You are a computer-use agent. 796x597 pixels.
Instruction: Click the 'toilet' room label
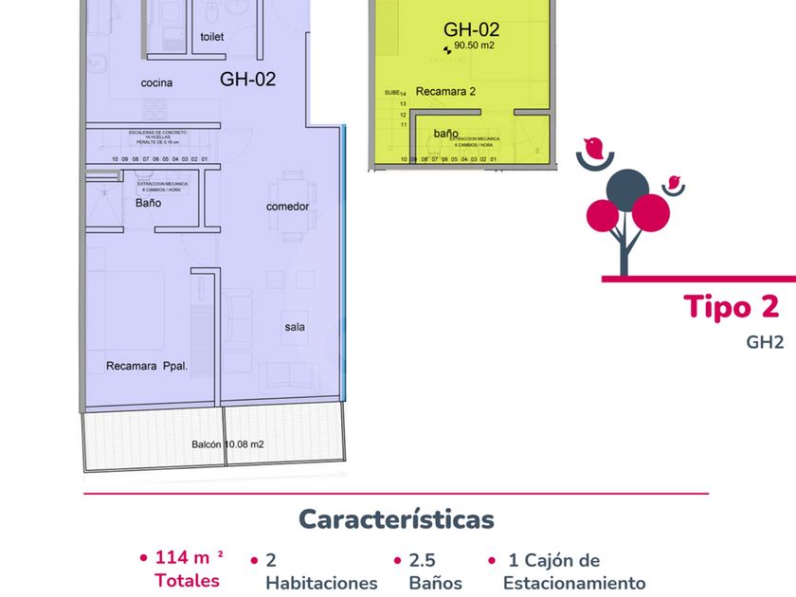(212, 37)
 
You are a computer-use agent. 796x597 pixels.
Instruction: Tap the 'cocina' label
(157, 83)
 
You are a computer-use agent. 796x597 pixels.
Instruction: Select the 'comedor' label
(287, 207)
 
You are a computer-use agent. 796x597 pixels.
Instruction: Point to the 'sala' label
(295, 327)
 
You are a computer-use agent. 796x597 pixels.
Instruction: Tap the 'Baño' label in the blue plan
(148, 203)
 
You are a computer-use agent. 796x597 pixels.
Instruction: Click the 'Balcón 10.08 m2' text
(227, 443)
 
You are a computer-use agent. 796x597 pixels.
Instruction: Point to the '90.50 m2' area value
(474, 45)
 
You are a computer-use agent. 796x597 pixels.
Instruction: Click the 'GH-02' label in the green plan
(471, 29)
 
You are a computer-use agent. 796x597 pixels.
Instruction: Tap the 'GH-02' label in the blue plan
(247, 80)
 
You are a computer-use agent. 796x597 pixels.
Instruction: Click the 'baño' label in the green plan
(446, 134)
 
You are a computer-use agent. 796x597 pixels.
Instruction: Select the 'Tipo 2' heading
(731, 307)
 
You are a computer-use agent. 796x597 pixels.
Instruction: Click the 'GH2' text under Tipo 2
(764, 343)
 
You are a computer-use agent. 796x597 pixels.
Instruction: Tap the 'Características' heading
(396, 519)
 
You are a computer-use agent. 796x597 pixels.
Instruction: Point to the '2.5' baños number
(422, 560)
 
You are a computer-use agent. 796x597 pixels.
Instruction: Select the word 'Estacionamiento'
(574, 583)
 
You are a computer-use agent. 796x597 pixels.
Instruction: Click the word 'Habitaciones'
(321, 583)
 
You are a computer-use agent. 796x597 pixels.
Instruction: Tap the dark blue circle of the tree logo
(627, 188)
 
